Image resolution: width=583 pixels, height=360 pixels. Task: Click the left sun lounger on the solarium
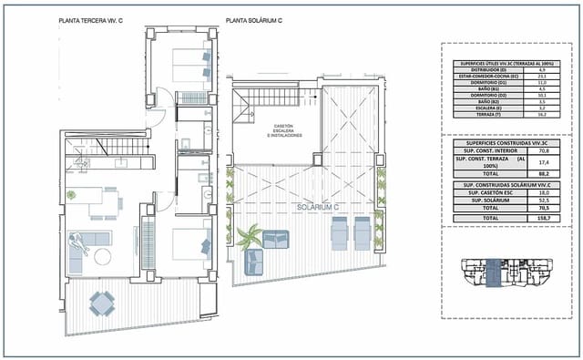[x=338, y=233]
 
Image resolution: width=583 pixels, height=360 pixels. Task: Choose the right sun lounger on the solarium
[x=363, y=233]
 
